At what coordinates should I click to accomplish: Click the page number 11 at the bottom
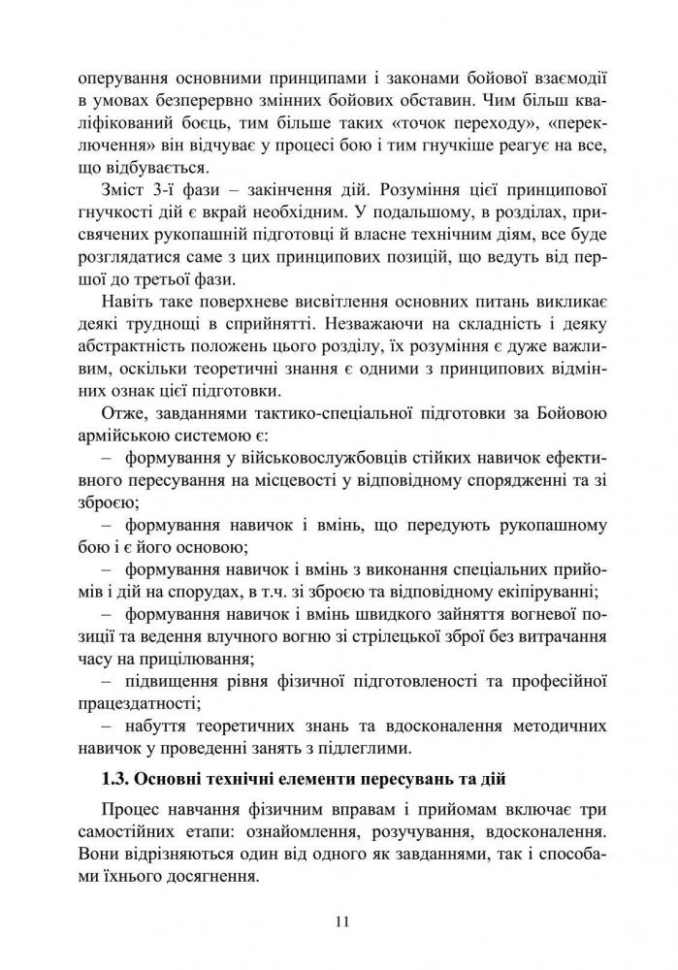(339, 921)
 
